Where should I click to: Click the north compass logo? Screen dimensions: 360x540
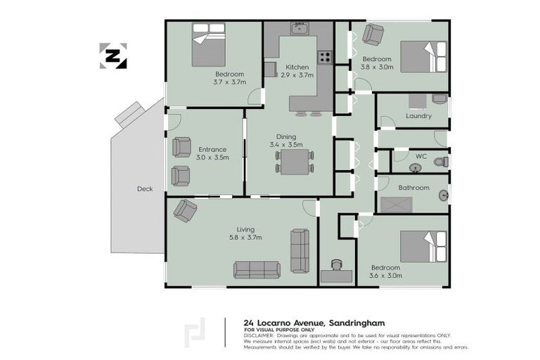(113, 56)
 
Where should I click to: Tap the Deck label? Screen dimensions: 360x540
(144, 188)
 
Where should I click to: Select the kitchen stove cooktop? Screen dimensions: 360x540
(325, 58)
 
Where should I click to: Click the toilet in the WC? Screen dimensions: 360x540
(440, 162)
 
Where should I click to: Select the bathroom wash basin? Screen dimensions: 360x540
(444, 195)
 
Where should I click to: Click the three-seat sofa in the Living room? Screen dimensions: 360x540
(257, 269)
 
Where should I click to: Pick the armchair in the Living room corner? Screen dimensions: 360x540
(186, 210)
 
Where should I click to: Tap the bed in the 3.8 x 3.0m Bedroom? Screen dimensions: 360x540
(423, 57)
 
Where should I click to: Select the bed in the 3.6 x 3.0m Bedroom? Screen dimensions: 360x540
(423, 247)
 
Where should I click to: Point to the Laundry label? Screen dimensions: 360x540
(418, 116)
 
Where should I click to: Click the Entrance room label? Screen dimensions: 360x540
(212, 149)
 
